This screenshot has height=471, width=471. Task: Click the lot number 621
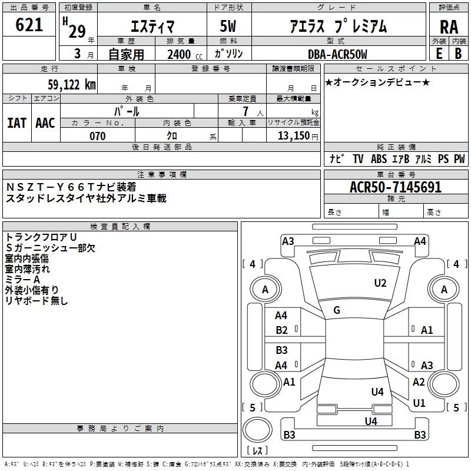29,25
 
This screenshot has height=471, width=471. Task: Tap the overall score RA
449,26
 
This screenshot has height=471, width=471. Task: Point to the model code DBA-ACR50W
337,54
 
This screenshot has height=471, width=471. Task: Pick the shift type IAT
17,122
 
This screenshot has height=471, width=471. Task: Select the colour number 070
97,136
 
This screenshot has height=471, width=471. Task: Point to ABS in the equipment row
379,159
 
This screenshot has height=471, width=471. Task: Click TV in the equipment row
358,159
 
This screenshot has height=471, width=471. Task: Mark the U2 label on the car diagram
380,283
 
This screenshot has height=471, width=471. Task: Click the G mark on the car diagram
337,310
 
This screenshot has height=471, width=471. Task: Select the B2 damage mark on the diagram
282,330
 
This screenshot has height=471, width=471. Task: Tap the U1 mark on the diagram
419,403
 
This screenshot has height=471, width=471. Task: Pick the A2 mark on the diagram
419,382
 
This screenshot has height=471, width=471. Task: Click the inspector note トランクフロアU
41,237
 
